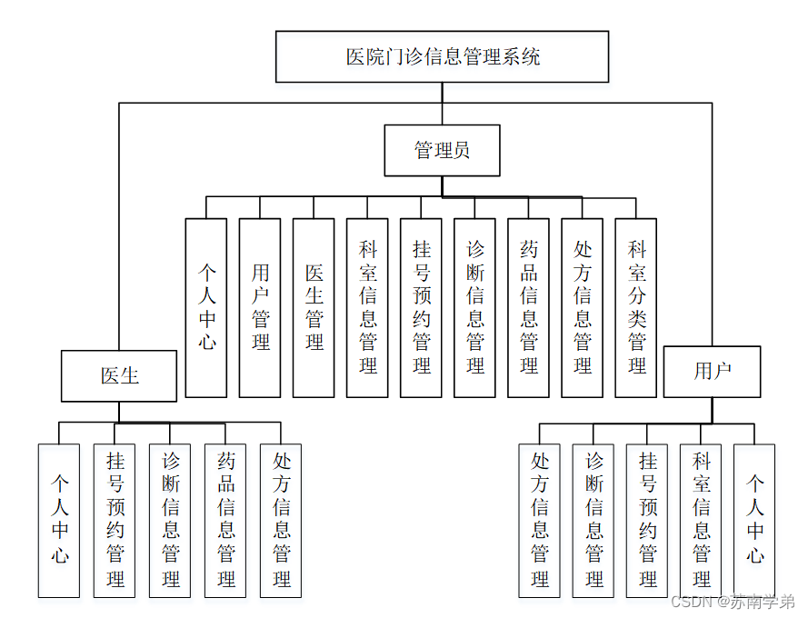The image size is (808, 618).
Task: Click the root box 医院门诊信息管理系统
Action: point(443,56)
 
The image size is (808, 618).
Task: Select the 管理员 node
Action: point(442,150)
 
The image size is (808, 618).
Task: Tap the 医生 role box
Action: point(119,375)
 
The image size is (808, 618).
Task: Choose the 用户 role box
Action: point(713,371)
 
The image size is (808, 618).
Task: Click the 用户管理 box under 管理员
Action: point(260,307)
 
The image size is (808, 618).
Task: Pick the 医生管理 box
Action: point(314,307)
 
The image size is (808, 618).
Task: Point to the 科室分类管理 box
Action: point(635,307)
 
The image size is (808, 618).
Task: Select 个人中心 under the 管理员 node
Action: point(206,307)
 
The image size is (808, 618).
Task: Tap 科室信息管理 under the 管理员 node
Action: point(367,307)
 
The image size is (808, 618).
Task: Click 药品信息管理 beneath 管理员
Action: point(528,307)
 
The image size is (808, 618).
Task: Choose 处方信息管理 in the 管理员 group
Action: point(582,307)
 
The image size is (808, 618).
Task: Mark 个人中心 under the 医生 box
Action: point(59,520)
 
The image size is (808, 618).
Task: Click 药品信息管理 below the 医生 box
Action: point(225,520)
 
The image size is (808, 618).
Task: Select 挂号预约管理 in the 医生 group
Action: point(115,520)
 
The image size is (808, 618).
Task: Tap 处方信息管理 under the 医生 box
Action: point(281,520)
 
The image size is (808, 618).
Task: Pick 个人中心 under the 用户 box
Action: point(754,520)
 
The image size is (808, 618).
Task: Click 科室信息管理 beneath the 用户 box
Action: point(701,520)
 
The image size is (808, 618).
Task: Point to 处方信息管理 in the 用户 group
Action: point(540,520)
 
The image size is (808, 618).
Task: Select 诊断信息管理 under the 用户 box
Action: point(594,520)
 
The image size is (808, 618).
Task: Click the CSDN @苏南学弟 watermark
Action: point(732,602)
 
